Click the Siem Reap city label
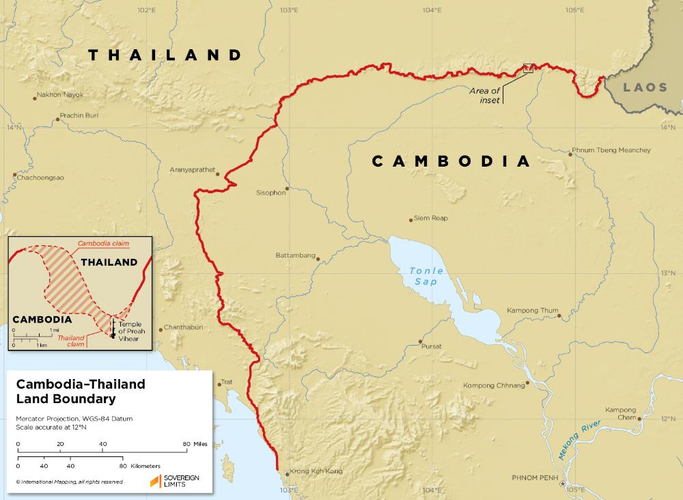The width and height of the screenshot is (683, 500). pyautogui.click(x=430, y=219)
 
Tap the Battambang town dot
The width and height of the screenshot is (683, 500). pyautogui.click(x=318, y=258)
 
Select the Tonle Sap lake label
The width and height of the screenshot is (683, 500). pyautogui.click(x=427, y=275)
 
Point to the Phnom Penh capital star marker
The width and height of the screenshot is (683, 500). pyautogui.click(x=562, y=484)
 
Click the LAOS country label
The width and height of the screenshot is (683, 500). pyautogui.click(x=645, y=87)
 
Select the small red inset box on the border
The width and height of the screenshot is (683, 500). pyautogui.click(x=527, y=68)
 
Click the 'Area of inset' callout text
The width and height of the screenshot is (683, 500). pyautogui.click(x=485, y=95)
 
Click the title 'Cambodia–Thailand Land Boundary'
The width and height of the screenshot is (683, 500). pyautogui.click(x=81, y=391)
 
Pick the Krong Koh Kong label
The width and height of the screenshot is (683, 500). pyautogui.click(x=316, y=471)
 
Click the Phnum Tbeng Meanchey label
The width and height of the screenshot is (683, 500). pyautogui.click(x=611, y=150)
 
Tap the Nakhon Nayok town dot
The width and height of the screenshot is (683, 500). pyautogui.click(x=35, y=98)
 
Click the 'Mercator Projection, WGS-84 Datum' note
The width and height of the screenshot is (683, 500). pyautogui.click(x=68, y=417)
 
